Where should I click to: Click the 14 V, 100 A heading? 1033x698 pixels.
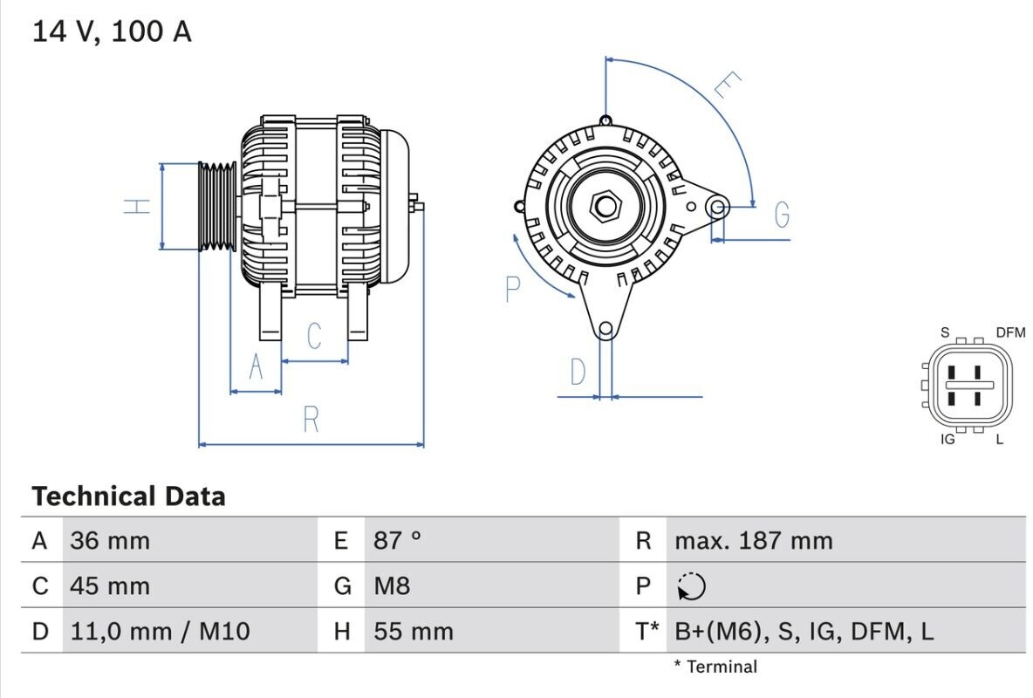click(x=112, y=31)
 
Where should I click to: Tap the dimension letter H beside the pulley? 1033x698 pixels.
click(x=137, y=206)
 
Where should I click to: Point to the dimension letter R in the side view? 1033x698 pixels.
click(x=311, y=419)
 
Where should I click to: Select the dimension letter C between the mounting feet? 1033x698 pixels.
click(x=314, y=336)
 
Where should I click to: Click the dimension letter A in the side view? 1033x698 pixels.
click(x=257, y=366)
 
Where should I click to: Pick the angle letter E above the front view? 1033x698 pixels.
click(x=728, y=85)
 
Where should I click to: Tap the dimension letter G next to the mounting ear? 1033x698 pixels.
click(x=782, y=215)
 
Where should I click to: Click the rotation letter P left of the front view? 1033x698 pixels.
click(x=512, y=289)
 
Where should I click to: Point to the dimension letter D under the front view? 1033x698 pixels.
click(x=578, y=372)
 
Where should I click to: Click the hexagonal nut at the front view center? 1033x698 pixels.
click(x=605, y=207)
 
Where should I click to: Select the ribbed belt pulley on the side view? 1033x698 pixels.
click(x=217, y=206)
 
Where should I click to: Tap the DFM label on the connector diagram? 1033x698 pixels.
click(x=1010, y=332)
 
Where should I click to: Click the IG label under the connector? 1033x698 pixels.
click(x=947, y=439)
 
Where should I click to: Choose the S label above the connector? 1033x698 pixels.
click(x=945, y=332)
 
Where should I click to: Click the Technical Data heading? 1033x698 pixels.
click(x=128, y=496)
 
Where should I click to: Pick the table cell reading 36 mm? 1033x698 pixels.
click(x=110, y=541)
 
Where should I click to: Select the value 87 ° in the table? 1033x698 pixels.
click(x=397, y=540)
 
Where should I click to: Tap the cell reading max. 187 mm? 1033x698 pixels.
click(x=754, y=541)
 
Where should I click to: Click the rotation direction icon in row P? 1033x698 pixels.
click(x=691, y=586)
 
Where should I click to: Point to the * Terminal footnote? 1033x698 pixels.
click(x=715, y=667)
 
